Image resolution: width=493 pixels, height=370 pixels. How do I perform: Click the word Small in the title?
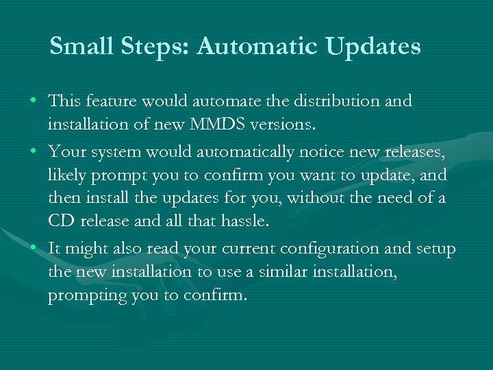[x=77, y=47]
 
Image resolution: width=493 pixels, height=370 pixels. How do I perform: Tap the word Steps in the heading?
[x=148, y=47]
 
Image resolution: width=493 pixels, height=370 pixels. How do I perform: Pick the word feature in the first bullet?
[x=119, y=101]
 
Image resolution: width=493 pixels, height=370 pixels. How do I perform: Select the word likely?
[x=67, y=175]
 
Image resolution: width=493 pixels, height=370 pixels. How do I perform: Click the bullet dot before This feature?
[x=33, y=101]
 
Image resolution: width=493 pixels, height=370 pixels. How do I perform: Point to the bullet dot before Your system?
[x=33, y=151]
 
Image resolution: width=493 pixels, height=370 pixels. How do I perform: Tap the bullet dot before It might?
[x=33, y=248]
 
